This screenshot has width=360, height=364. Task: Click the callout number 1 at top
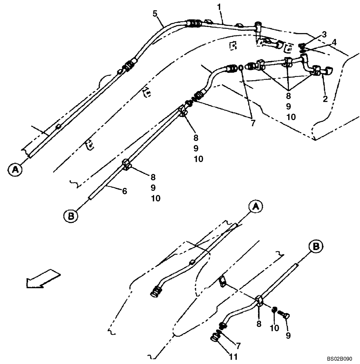point(219,7)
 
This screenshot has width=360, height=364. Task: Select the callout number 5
point(155,14)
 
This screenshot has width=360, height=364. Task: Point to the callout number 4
point(334,42)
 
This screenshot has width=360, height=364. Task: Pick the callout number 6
point(124,190)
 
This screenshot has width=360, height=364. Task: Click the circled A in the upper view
point(15,169)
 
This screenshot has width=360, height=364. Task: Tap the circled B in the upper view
point(71,216)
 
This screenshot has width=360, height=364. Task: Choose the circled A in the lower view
point(255,206)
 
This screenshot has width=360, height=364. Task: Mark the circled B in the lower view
point(316,247)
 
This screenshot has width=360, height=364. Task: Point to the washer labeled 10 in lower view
point(274,309)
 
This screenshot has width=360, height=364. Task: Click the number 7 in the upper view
point(253,123)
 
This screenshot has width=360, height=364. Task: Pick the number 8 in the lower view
point(259,323)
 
